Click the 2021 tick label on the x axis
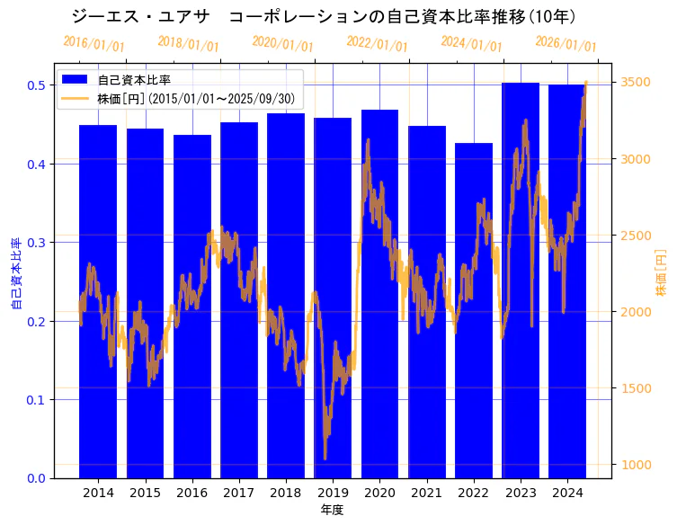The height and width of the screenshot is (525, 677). click(x=427, y=493)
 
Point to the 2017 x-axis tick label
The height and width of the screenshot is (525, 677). click(x=239, y=493)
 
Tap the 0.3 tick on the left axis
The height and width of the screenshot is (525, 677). click(x=37, y=242)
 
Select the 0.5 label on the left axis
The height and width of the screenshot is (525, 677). click(x=37, y=85)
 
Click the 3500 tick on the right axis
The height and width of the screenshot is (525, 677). click(x=637, y=82)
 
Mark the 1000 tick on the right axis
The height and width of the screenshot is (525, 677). click(x=637, y=465)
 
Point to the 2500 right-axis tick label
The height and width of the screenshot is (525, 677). click(x=637, y=236)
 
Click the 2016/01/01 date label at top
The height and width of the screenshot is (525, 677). click(x=94, y=43)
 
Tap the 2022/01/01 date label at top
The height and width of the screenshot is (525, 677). click(x=377, y=43)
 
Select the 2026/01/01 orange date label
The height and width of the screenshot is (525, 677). click(x=566, y=43)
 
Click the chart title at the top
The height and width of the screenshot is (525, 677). click(x=324, y=16)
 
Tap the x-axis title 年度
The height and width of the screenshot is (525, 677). click(x=332, y=510)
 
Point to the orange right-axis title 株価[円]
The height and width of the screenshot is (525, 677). click(x=661, y=272)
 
